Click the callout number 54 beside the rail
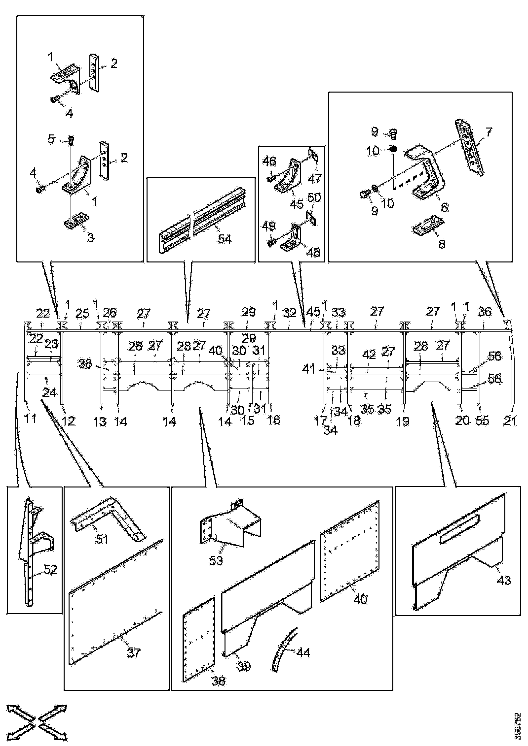click(x=225, y=239)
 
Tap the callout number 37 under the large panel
click(x=134, y=653)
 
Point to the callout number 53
click(x=216, y=560)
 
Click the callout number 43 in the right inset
click(x=504, y=580)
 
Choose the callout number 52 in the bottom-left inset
click(x=50, y=570)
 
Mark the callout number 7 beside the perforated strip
click(x=489, y=132)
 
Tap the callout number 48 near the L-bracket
click(x=314, y=252)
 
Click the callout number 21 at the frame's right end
click(x=510, y=421)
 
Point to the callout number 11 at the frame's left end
click(x=31, y=419)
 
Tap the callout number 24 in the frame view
click(x=49, y=393)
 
